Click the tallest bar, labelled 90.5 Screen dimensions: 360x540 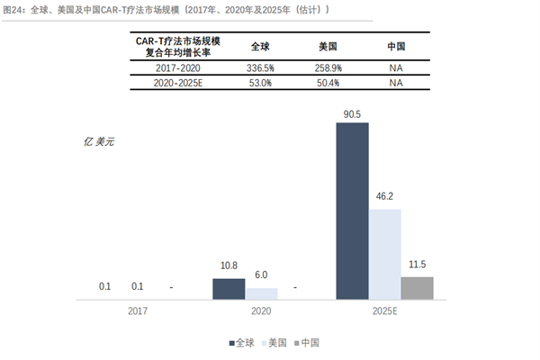[x=352, y=210]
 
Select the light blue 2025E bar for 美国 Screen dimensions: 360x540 [x=384, y=254]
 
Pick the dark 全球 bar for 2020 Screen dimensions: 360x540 [x=229, y=288]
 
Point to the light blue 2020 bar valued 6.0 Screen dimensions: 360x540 [x=262, y=292]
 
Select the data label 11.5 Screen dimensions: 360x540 [x=417, y=265]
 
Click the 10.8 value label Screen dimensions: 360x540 [x=229, y=266]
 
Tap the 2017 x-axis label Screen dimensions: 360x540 [x=138, y=311]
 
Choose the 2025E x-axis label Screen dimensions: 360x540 [x=384, y=311]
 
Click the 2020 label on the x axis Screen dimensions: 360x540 [x=261, y=311]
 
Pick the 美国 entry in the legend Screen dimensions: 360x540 [x=274, y=343]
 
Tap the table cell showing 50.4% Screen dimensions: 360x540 [x=326, y=83]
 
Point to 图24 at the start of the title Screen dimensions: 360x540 [x=15, y=9]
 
